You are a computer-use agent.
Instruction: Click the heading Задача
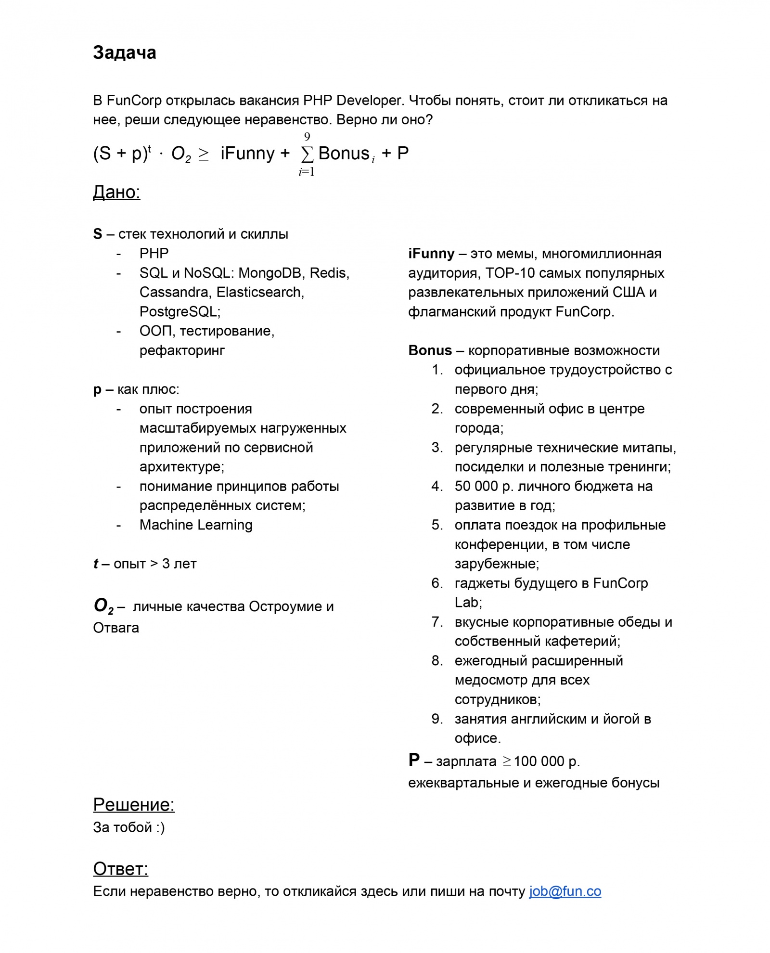124,53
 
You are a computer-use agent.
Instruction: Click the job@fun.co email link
565,891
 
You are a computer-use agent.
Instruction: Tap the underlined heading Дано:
116,192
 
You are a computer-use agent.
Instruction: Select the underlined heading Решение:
133,805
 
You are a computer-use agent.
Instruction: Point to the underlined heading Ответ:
120,869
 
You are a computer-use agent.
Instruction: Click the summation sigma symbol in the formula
307,154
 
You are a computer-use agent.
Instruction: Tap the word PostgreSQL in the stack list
180,312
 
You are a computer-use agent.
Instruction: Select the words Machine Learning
196,525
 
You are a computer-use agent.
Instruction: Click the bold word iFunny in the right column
431,254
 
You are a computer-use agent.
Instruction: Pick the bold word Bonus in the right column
430,350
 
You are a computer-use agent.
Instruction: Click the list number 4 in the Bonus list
436,486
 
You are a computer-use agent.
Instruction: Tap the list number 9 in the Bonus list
436,719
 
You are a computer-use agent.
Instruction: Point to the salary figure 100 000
539,761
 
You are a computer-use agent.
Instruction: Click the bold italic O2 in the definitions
103,605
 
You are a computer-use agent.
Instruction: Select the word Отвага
116,628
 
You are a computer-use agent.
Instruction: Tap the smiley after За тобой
160,827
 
